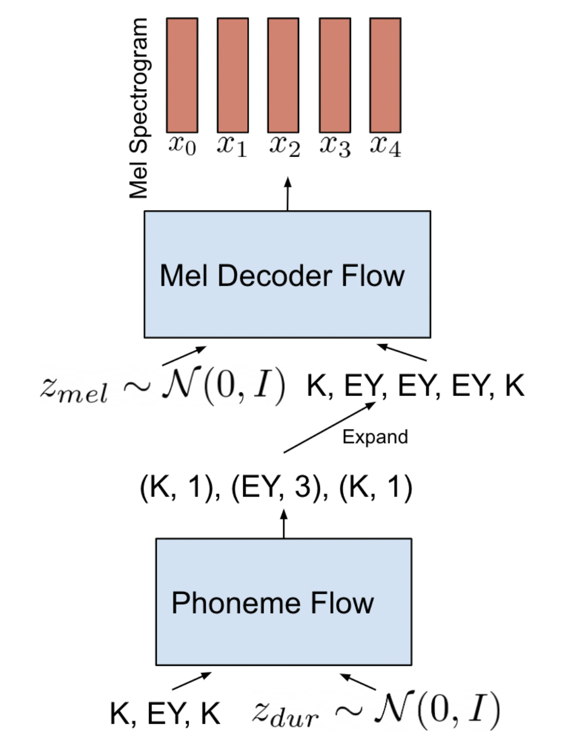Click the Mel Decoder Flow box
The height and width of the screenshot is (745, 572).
pos(287,274)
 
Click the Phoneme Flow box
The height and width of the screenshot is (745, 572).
pos(283,601)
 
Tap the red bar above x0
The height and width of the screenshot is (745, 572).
pos(182,75)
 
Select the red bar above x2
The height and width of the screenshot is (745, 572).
pos(283,75)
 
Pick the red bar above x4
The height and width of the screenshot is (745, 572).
pos(385,75)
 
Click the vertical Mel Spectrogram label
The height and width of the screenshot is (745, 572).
pos(139,108)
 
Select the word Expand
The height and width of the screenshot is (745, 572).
pos(375,437)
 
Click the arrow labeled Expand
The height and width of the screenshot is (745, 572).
pos(329,428)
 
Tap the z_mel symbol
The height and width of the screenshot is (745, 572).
pos(74,389)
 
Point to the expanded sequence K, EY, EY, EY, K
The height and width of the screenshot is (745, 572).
pos(415,386)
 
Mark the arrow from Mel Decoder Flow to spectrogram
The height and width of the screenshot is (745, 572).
pos(288,194)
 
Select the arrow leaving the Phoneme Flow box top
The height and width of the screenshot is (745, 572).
pos(284,524)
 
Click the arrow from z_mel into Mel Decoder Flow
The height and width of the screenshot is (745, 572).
pos(184,356)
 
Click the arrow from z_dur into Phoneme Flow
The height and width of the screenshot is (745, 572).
pos(358,682)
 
